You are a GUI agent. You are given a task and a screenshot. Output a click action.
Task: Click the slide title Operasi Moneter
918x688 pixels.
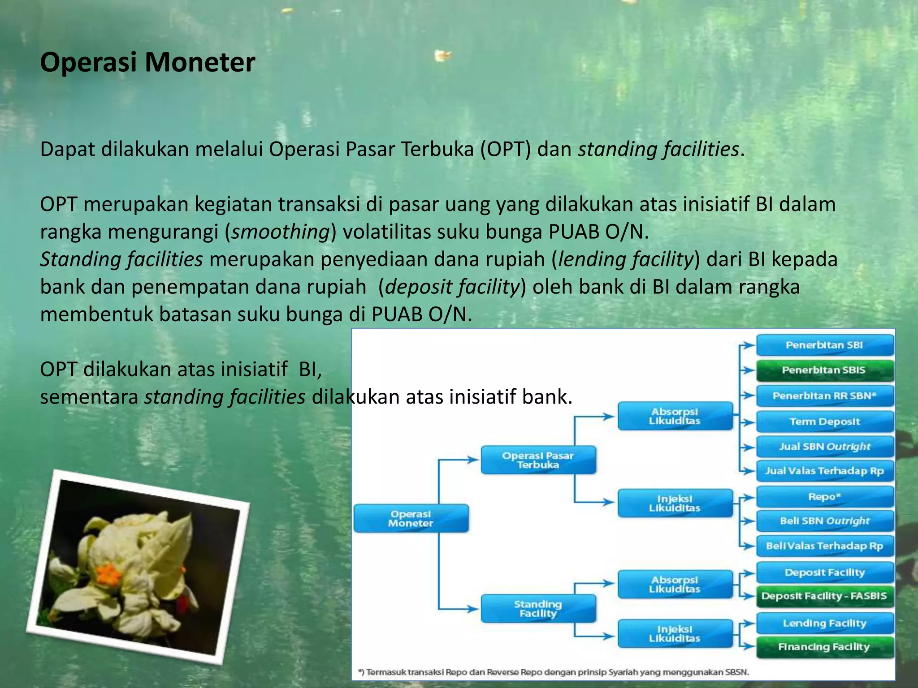pos(147,62)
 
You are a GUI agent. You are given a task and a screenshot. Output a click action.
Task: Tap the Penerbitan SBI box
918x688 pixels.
pos(824,345)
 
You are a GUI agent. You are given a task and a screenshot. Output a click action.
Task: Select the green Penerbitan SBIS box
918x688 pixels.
pos(824,370)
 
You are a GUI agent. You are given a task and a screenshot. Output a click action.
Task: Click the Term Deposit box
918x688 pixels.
pos(824,421)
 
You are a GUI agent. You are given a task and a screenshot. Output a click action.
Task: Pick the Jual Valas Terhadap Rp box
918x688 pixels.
pos(824,471)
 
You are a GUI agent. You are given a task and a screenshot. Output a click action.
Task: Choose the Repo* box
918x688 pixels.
pos(824,497)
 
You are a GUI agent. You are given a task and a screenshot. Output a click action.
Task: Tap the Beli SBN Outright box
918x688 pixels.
pos(824,521)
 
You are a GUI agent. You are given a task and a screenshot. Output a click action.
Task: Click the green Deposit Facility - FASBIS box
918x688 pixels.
pos(824,596)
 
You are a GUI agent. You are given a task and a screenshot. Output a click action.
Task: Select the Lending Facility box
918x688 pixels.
pos(824,623)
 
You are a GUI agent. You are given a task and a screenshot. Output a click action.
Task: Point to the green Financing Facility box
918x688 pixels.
pos(824,647)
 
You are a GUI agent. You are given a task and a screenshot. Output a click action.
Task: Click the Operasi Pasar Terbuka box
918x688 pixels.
pos(538,460)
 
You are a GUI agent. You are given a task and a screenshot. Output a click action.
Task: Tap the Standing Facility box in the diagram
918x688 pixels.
pos(538,609)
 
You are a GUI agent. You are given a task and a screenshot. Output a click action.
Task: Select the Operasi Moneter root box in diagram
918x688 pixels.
pos(411,519)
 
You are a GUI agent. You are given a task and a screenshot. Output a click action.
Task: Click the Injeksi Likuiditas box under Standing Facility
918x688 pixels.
pos(675,634)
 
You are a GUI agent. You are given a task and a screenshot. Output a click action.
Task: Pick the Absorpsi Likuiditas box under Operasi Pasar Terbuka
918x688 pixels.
pos(675,416)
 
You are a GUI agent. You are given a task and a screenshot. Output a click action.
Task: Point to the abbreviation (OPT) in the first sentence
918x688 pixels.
pos(506,149)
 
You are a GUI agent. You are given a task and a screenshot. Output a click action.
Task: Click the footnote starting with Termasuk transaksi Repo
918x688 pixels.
pos(554,672)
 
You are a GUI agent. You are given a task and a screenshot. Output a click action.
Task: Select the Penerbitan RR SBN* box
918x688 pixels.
pos(824,396)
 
